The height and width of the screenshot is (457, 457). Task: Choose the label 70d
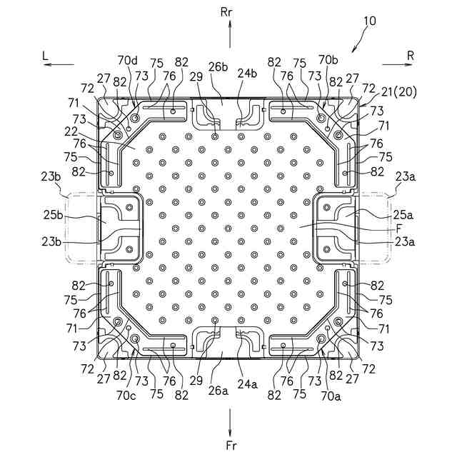[x=127, y=59]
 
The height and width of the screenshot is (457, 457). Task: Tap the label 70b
[x=328, y=59]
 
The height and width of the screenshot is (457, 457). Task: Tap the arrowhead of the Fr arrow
[x=229, y=433]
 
